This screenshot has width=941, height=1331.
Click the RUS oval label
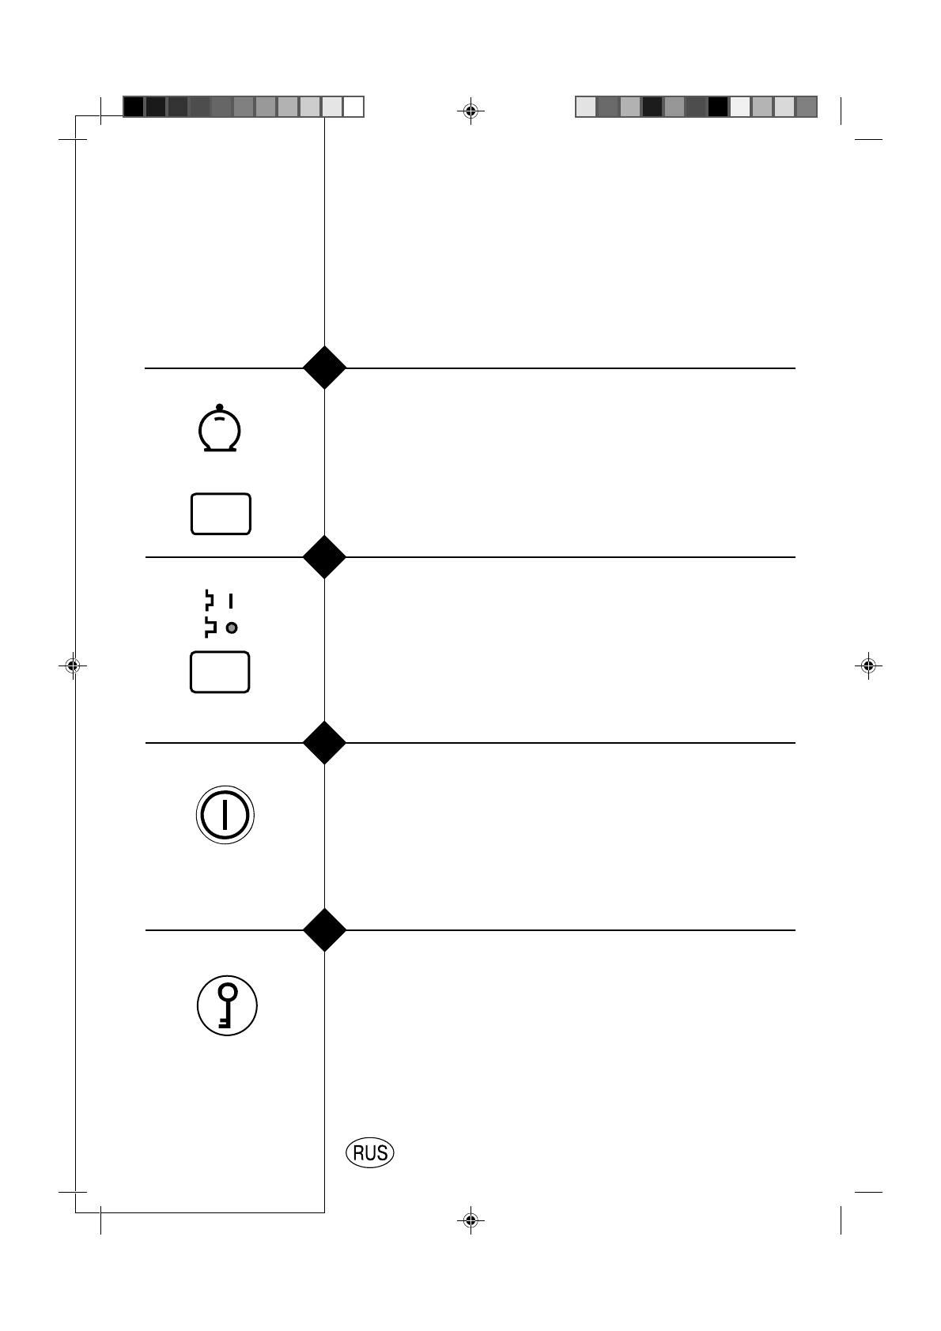(x=370, y=1153)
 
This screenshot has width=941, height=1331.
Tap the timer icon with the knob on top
(x=219, y=431)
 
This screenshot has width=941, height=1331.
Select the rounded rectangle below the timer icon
(x=221, y=514)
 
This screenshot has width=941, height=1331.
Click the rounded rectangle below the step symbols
(x=220, y=673)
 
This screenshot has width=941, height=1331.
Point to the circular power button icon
(x=225, y=815)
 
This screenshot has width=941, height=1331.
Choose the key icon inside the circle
(x=227, y=1005)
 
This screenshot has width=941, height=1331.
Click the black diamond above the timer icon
(x=324, y=368)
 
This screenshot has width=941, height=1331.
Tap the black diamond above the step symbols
(x=324, y=556)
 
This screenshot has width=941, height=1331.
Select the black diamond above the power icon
(x=324, y=742)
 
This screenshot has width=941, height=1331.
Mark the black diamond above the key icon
(x=324, y=929)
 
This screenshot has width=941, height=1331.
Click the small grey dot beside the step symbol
(x=232, y=628)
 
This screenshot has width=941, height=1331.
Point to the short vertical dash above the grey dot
(x=231, y=601)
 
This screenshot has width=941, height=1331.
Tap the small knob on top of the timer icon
(x=219, y=406)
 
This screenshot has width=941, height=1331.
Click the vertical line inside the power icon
(x=225, y=815)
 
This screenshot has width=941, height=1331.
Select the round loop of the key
(x=228, y=993)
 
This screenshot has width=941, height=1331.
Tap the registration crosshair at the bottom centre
(x=470, y=1220)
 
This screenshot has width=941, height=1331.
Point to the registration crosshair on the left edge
(x=72, y=666)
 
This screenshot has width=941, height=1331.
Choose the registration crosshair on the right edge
(x=868, y=666)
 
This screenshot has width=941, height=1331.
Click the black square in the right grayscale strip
(x=718, y=107)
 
